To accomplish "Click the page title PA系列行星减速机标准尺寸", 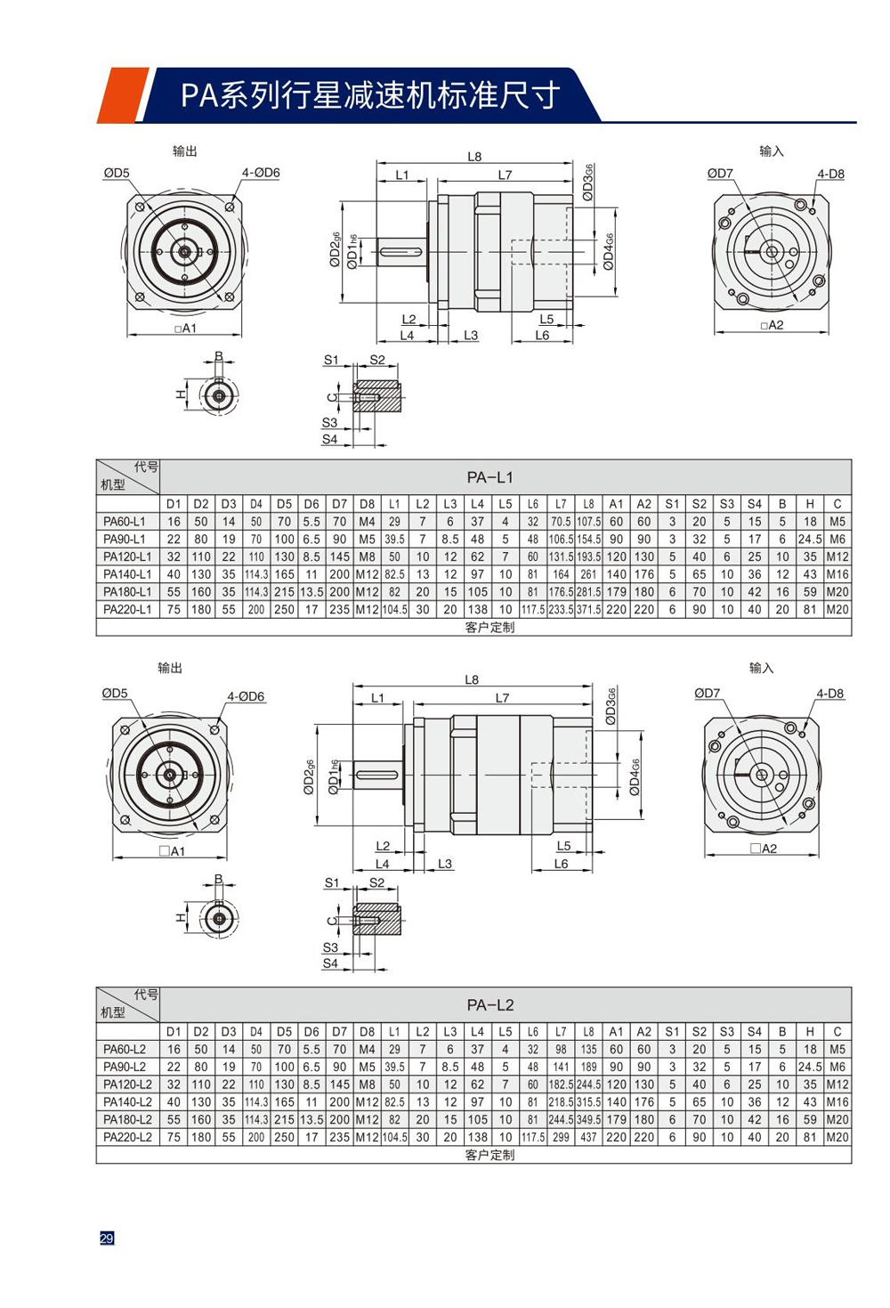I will [369, 95].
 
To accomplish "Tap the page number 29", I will [107, 1239].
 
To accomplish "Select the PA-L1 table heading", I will [489, 477].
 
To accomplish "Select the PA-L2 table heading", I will [489, 1005].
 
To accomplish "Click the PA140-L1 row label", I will [127, 574].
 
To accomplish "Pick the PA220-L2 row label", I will [127, 1137].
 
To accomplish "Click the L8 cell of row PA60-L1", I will [588, 522].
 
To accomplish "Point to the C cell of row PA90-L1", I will [837, 540].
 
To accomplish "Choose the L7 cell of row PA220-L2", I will [561, 1137].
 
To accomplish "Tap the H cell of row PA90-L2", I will [809, 1067].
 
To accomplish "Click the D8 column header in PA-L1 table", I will [367, 504].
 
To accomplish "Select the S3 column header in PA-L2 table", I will [727, 1032].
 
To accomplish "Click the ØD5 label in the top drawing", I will [116, 173].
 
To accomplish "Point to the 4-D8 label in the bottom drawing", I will [829, 694].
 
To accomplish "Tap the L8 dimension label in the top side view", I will [474, 157].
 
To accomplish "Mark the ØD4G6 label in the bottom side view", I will [635, 777].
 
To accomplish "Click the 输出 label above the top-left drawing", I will [184, 151].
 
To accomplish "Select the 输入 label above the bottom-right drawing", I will [761, 668].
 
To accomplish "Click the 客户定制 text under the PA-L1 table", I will [489, 628].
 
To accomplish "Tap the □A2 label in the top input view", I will [772, 325].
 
